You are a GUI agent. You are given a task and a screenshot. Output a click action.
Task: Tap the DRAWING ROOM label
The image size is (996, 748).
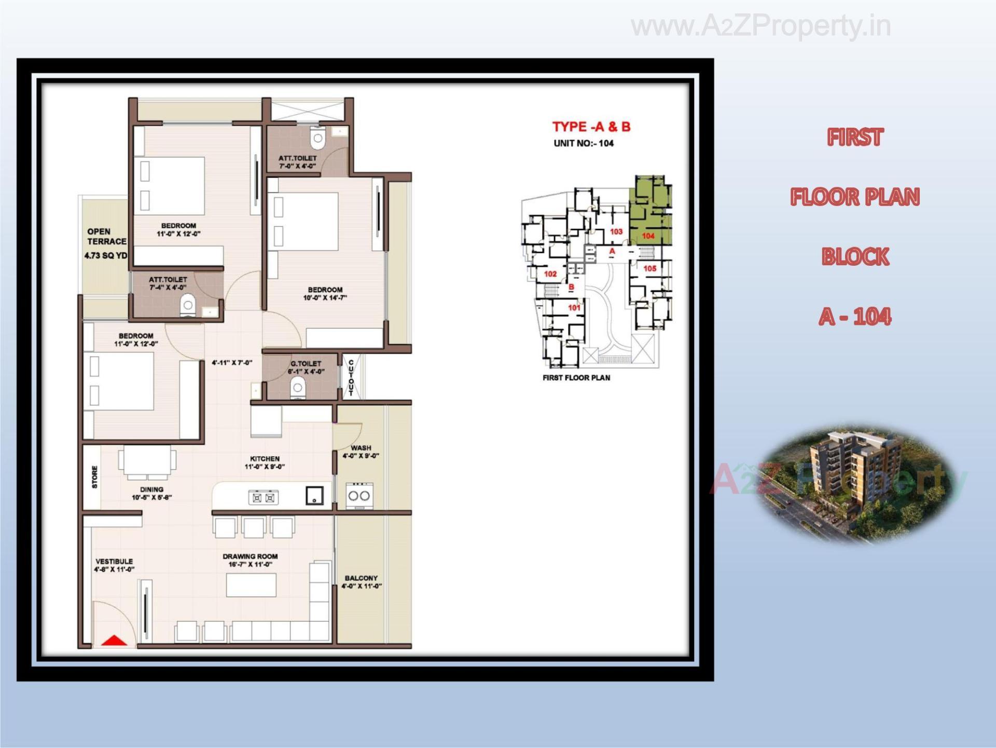[250, 556]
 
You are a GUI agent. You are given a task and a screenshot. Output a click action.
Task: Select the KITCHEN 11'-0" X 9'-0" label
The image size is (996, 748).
[265, 463]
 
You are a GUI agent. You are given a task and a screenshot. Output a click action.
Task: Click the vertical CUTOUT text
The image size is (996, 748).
[351, 377]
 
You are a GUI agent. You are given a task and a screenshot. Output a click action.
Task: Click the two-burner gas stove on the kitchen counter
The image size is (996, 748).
[264, 498]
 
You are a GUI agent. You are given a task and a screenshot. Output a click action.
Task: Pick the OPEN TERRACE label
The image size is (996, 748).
[106, 237]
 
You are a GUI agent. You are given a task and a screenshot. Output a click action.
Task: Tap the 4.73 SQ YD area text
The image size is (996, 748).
[106, 255]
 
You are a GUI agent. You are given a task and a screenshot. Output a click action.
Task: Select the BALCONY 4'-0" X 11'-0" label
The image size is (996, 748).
[362, 582]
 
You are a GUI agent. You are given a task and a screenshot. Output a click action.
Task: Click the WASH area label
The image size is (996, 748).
[361, 448]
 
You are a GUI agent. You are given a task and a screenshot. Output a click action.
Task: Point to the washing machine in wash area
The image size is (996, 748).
[359, 495]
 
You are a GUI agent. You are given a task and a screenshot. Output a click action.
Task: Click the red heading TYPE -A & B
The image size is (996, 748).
[591, 127]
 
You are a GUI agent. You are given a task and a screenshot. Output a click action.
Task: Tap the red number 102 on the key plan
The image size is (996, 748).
[550, 274]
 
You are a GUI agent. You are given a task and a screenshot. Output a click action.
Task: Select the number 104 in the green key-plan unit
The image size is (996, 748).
[648, 236]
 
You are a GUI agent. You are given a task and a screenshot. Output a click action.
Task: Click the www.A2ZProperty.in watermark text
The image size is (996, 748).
[760, 26]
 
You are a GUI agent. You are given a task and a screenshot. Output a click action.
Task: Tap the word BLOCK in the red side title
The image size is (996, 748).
[855, 257]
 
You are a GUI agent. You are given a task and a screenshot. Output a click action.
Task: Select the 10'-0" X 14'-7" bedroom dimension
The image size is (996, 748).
[325, 298]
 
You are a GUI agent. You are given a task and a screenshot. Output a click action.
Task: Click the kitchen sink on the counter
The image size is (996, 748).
[314, 495]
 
